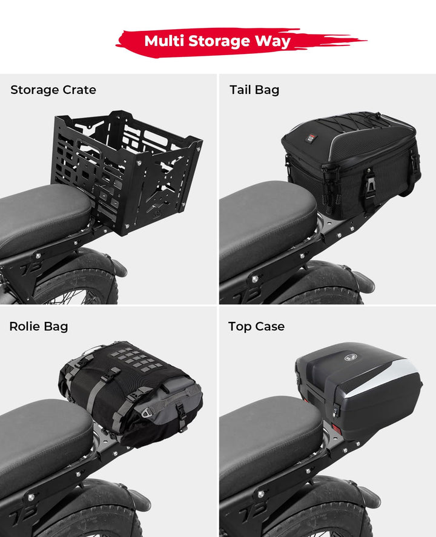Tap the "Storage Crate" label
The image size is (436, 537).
click(x=53, y=90)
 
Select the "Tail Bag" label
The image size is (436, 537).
click(x=254, y=90)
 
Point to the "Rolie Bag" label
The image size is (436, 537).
click(x=39, y=327)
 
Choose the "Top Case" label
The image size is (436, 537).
click(x=256, y=327)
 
